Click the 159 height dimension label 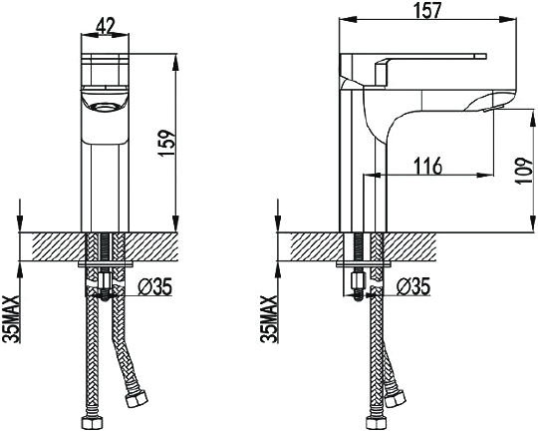[167, 143]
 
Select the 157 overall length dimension [427, 10]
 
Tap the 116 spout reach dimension [427, 166]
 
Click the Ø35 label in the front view [154, 286]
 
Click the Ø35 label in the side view [412, 286]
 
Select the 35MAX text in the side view [269, 319]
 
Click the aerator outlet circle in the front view [106, 108]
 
